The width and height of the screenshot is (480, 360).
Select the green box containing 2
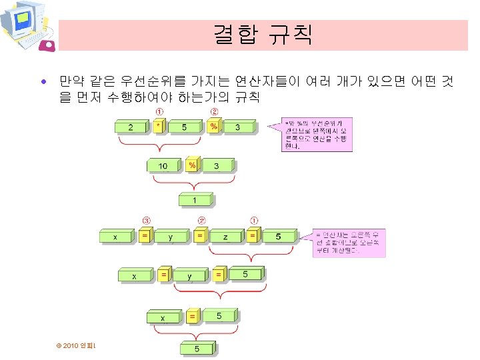click(133, 127)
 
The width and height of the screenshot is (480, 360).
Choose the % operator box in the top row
click(215, 127)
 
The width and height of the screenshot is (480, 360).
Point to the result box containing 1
click(195, 200)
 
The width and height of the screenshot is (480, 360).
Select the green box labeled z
click(226, 237)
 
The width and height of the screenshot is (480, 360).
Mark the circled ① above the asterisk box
click(160, 111)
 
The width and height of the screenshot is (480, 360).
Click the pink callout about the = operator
click(347, 243)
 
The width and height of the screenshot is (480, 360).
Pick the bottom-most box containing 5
click(195, 349)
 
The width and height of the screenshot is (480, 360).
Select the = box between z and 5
click(253, 236)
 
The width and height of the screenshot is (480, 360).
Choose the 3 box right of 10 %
click(218, 165)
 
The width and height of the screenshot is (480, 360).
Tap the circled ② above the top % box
click(215, 111)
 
